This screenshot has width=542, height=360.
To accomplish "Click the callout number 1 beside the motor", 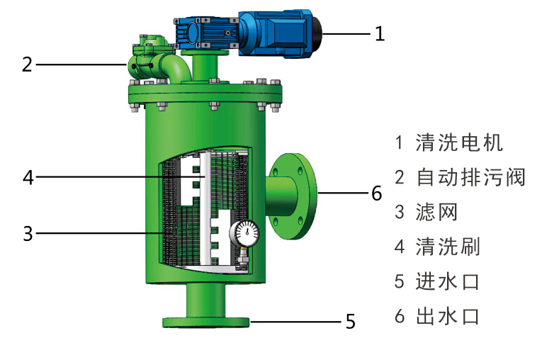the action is coord(380,34).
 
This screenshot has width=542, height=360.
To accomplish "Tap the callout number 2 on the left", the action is coord(27,64).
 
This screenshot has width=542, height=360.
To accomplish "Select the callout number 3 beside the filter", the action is coord(28,233).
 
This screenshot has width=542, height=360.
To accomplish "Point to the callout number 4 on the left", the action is coord(28,177).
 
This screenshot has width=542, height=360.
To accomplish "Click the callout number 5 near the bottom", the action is coord(351,322).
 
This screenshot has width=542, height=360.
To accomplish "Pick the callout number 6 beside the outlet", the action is coord(377,193).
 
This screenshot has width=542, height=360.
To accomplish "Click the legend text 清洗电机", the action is coord(459,142).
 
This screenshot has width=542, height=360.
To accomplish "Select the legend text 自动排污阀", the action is coord(470,177).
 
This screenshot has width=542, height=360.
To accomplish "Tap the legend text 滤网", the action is coord(437,212).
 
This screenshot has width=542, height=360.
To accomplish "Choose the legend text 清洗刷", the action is coord(448,247).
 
